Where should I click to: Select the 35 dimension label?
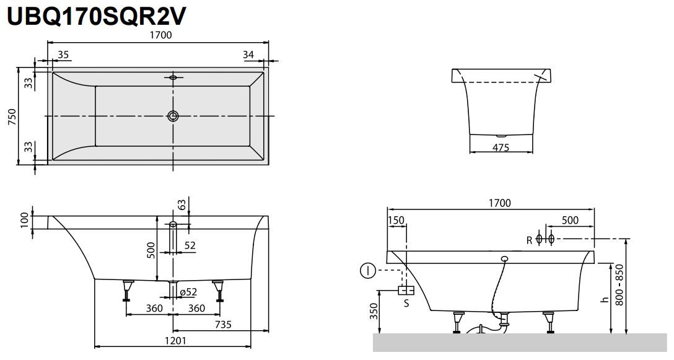coord(63,55)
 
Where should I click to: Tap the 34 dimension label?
coord(248,55)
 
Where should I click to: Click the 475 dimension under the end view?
coord(501,147)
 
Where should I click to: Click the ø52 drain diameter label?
coord(188,292)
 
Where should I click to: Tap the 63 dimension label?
coord(182,205)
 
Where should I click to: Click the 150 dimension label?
coord(396,221)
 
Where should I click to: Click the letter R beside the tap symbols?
coord(529,240)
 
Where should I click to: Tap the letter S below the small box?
coord(406,303)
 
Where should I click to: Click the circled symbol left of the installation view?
coord(367,270)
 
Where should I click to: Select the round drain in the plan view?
coord(173,116)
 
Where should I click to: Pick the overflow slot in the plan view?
coord(173,78)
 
